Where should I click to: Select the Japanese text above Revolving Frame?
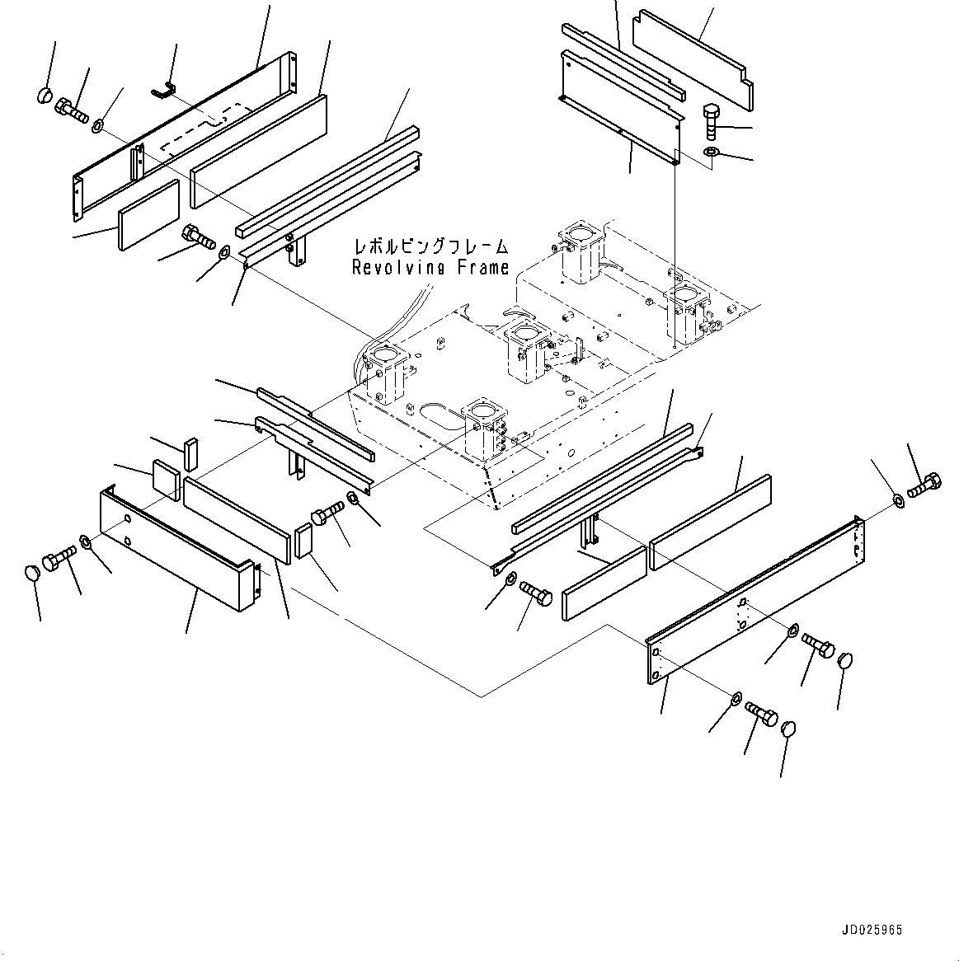pos(430,246)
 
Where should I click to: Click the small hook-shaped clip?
pos(163,88)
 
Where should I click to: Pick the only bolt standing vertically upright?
pos(712,121)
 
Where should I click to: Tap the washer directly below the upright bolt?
pos(711,152)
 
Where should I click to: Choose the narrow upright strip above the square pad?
pos(191,452)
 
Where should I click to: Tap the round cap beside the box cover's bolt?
pos(33,573)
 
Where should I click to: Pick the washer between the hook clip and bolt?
pos(97,126)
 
